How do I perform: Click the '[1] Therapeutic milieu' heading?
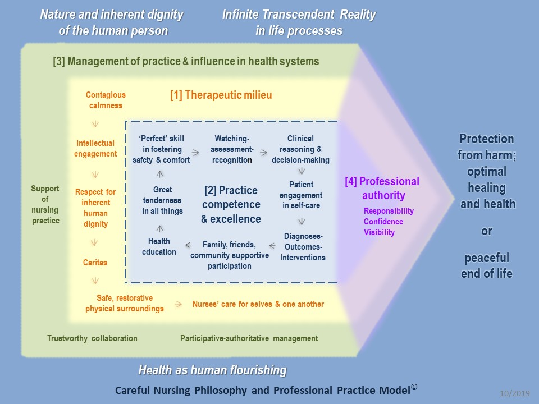coord(221,95)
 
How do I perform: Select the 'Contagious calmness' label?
coord(106,100)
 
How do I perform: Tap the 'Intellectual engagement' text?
coord(95,149)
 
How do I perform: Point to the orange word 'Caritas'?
coord(95,262)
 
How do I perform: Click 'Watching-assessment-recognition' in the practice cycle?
coord(232,149)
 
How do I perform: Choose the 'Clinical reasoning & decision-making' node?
coord(300,149)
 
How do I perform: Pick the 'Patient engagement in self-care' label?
coord(302,195)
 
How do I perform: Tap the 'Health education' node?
coord(159,247)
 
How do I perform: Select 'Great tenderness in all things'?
coord(162,200)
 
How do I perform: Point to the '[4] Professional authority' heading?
coord(382,189)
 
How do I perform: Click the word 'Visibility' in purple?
coord(379,232)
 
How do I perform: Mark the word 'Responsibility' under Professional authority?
coord(389,211)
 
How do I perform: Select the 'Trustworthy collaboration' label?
coord(92,338)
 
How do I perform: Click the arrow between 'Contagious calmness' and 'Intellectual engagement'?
coord(94,124)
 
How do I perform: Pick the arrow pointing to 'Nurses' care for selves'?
coord(178,304)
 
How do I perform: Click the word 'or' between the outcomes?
coord(487,231)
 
